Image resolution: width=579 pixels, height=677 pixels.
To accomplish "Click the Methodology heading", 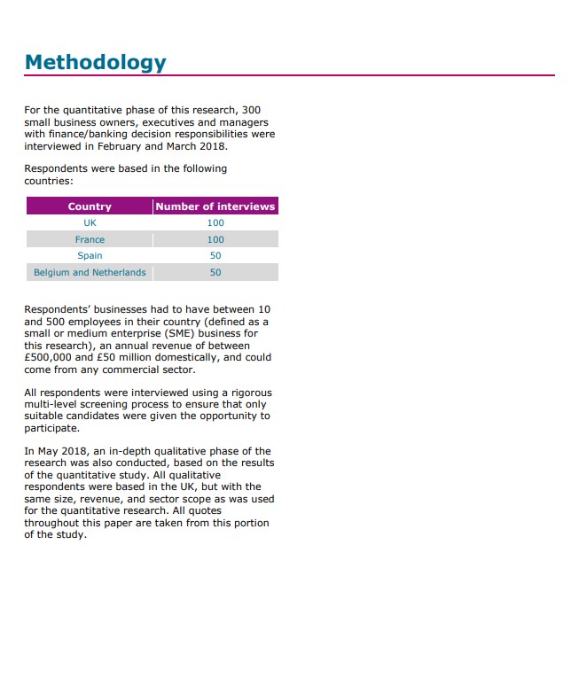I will click(x=95, y=63).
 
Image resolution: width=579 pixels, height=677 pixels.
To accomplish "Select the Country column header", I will click(x=90, y=206).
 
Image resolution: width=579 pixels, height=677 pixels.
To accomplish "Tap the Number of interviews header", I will click(x=215, y=206).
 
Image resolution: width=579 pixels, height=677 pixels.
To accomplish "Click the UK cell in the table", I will click(x=90, y=223).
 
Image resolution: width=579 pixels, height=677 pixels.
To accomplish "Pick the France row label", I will click(x=90, y=239).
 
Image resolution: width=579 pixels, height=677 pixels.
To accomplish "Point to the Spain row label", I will click(x=90, y=256).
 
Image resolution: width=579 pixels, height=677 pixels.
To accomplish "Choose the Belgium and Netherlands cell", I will click(x=90, y=272).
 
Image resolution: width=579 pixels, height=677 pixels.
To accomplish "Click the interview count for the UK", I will click(x=215, y=223).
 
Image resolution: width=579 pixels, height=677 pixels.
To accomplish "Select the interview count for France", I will click(x=215, y=239).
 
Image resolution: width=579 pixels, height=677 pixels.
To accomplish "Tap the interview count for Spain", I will click(x=215, y=256).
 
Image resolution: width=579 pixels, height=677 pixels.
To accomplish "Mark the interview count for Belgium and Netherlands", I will click(x=215, y=272).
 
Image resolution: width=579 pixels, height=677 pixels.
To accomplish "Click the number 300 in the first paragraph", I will click(x=251, y=111).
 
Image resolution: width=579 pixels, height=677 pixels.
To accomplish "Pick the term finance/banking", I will click(x=82, y=135).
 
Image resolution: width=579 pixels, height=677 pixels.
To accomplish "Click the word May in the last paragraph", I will click(x=50, y=451).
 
